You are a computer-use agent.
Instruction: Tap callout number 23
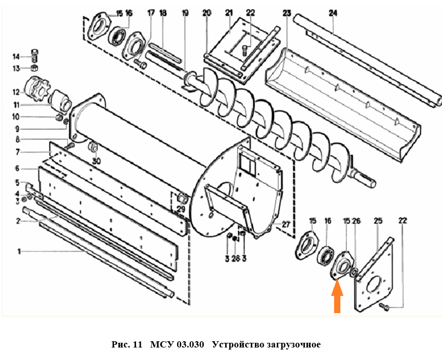[x=286, y=12]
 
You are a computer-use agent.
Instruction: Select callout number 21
[x=228, y=12]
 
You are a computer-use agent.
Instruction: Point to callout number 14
[x=16, y=56]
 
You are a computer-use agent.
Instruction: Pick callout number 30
[x=96, y=162]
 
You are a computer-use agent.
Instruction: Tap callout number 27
[x=285, y=225]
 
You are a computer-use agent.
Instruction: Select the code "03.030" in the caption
[x=189, y=345]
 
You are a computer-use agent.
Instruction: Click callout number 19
[x=185, y=12]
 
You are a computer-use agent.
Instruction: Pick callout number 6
[x=17, y=168]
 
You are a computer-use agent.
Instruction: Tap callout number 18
[x=163, y=12]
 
